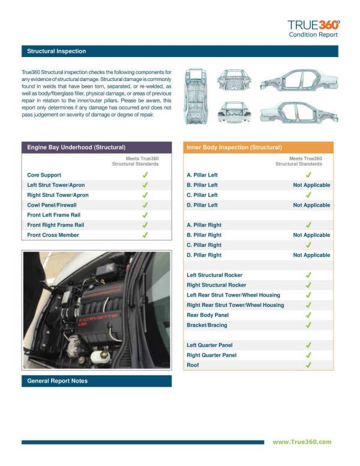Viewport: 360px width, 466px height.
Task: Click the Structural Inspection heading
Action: (x=56, y=52)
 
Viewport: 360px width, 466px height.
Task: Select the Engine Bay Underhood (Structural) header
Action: (x=76, y=147)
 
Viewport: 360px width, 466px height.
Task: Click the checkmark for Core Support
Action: (x=145, y=175)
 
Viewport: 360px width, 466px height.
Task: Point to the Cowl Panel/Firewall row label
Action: (x=56, y=205)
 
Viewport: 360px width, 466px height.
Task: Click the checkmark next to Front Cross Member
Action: (x=145, y=235)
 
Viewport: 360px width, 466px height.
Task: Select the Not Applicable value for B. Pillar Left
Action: (x=311, y=185)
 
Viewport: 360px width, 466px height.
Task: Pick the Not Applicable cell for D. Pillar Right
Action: (x=311, y=255)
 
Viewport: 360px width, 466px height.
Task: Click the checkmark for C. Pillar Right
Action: (x=308, y=245)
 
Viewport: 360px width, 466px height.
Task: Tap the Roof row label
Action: (x=193, y=365)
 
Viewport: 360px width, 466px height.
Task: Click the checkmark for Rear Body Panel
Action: (x=308, y=315)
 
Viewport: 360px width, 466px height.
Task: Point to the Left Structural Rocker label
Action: (x=216, y=275)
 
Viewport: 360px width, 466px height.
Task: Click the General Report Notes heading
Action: (x=58, y=381)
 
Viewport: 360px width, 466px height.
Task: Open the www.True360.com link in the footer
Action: (x=301, y=442)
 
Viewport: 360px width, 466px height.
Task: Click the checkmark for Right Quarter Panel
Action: (x=308, y=355)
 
